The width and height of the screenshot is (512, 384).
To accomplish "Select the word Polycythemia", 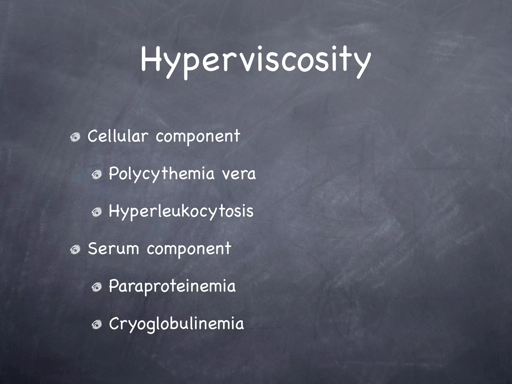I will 161,174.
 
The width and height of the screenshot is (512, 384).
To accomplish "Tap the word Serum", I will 113,249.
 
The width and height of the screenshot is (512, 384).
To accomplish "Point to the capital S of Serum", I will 92,248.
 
